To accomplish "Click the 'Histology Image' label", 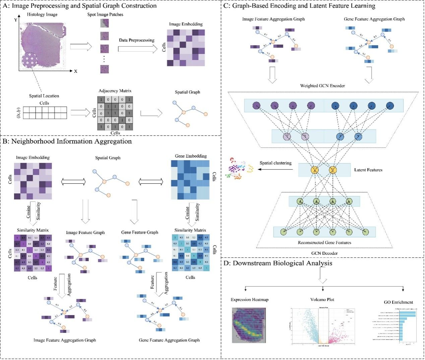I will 42,14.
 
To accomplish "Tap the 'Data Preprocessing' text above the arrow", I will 136,40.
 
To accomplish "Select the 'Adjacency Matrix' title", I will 115,91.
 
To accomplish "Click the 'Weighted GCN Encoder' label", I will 322,86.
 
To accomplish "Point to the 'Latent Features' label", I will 368,170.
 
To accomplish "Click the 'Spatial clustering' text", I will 276,163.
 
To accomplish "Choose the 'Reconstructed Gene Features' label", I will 324,242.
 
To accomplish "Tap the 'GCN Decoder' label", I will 324,253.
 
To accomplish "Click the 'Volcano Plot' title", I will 322,299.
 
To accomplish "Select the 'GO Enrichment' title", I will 399,302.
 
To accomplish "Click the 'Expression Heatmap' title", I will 249,299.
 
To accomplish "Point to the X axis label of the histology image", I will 75,71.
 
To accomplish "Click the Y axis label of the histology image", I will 16,20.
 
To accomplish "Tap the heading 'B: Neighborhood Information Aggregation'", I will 67,141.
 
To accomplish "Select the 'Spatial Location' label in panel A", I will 44,96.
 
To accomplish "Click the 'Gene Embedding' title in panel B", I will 191,156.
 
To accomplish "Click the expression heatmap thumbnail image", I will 248,325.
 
